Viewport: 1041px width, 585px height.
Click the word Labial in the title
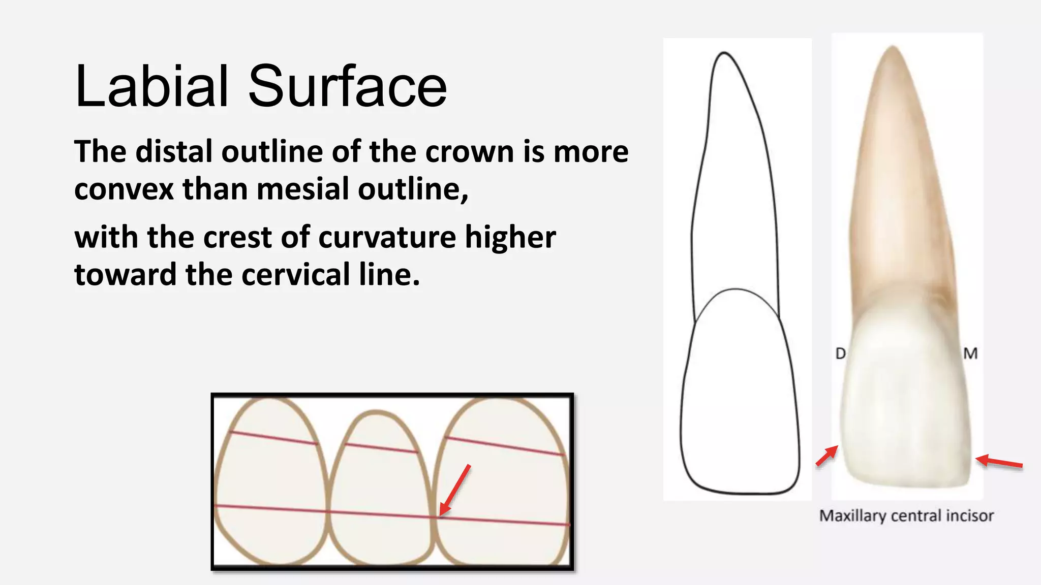151,86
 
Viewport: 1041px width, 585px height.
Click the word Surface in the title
347,86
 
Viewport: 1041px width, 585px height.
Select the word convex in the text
124,189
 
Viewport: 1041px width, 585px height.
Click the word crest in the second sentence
237,237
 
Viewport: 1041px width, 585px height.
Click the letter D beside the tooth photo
841,353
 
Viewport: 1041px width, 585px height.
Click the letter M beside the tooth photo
970,353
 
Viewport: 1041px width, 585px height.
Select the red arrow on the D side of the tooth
827,455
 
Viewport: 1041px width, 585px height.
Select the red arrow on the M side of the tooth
999,462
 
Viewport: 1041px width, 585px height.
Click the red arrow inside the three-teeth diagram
455,490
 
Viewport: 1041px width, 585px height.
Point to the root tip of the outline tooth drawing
724,53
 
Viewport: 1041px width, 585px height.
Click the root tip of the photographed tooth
893,48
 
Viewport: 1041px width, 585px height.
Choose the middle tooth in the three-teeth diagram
379,487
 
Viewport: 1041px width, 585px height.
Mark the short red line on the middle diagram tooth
381,448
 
